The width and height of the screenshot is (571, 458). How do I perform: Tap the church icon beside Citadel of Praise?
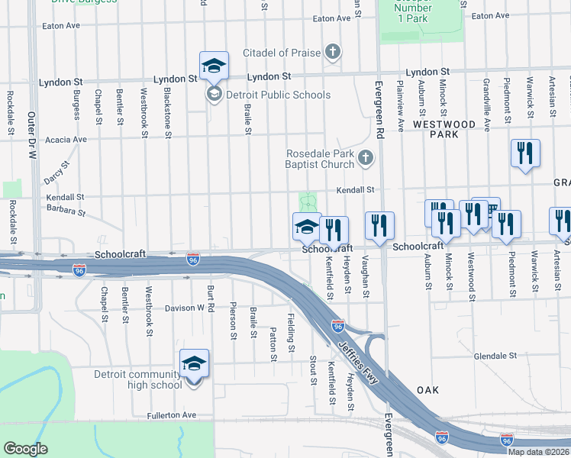332,53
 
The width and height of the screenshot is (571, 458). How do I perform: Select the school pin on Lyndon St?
214,66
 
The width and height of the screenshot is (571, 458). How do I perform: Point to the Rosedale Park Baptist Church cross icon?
366,158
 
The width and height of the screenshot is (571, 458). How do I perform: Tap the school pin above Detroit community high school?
194,365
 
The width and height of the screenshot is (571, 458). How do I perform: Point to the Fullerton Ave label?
172,415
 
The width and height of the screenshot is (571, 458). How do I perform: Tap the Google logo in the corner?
25,448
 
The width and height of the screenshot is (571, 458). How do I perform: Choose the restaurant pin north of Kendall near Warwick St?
525,153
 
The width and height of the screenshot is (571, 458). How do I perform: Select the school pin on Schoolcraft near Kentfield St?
307,227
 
